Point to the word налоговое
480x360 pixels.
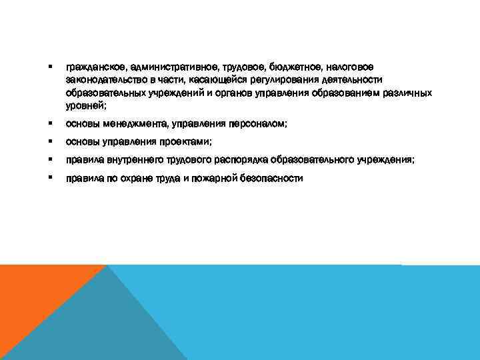[351, 67]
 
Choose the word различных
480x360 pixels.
[407, 93]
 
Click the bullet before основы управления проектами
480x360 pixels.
[50, 141]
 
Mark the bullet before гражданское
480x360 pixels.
[50, 67]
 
